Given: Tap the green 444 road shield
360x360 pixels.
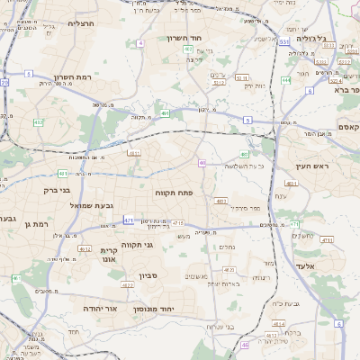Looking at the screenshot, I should pos(286,80).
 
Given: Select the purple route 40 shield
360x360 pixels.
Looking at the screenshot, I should pos(202,163).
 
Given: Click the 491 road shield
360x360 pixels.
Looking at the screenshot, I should pos(166,113).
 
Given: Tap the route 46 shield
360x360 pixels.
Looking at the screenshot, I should pos(246,345).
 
